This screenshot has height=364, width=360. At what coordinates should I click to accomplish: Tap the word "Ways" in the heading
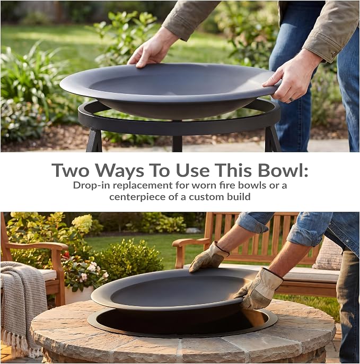(x=120, y=171)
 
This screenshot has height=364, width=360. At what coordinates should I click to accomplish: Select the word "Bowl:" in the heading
(x=283, y=170)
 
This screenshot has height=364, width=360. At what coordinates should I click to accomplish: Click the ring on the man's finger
(x=291, y=99)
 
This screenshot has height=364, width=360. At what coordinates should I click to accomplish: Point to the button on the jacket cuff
(x=333, y=54)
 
